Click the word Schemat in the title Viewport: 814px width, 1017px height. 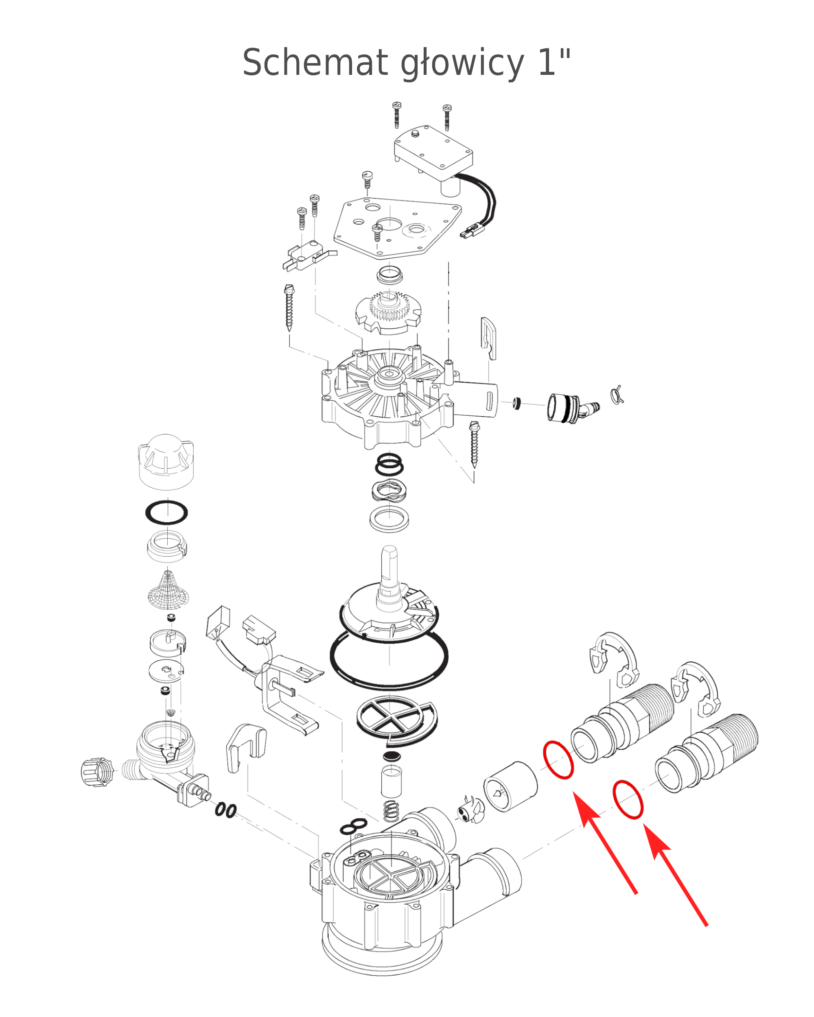pyautogui.click(x=315, y=62)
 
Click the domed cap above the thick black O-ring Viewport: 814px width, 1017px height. pyautogui.click(x=166, y=461)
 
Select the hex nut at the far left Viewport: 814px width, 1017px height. pyautogui.click(x=98, y=772)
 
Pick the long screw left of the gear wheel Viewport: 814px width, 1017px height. pyautogui.click(x=289, y=307)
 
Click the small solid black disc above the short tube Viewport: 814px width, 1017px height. pyautogui.click(x=392, y=757)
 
